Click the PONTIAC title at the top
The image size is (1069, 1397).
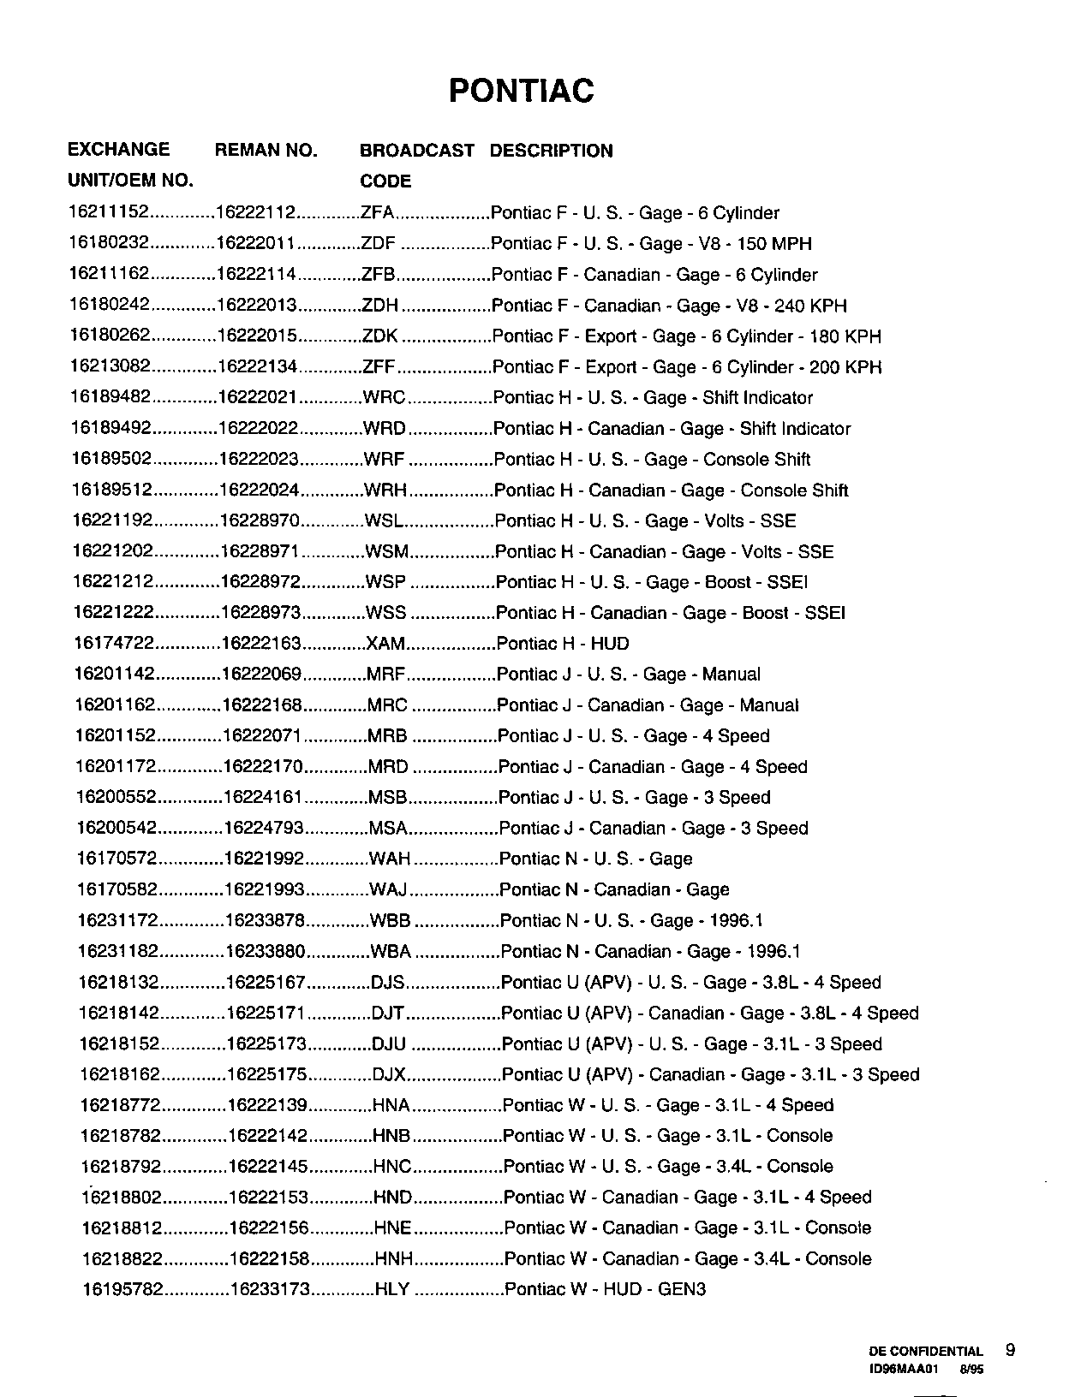coord(521,91)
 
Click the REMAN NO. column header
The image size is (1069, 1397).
coord(266,151)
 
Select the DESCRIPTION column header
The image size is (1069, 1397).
coord(551,151)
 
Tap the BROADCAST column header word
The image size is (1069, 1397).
coord(416,151)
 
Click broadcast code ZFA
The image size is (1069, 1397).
coord(378,213)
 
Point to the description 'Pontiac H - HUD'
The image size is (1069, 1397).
coord(563,644)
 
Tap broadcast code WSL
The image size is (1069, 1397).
coord(383,520)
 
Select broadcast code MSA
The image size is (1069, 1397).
coord(387,829)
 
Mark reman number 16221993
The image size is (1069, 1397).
coord(264,890)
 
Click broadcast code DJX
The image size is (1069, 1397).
coord(388,1074)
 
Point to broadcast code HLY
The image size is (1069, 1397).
coord(392,1289)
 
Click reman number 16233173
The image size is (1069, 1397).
coord(269,1289)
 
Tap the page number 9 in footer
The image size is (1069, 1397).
coord(1010,1350)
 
